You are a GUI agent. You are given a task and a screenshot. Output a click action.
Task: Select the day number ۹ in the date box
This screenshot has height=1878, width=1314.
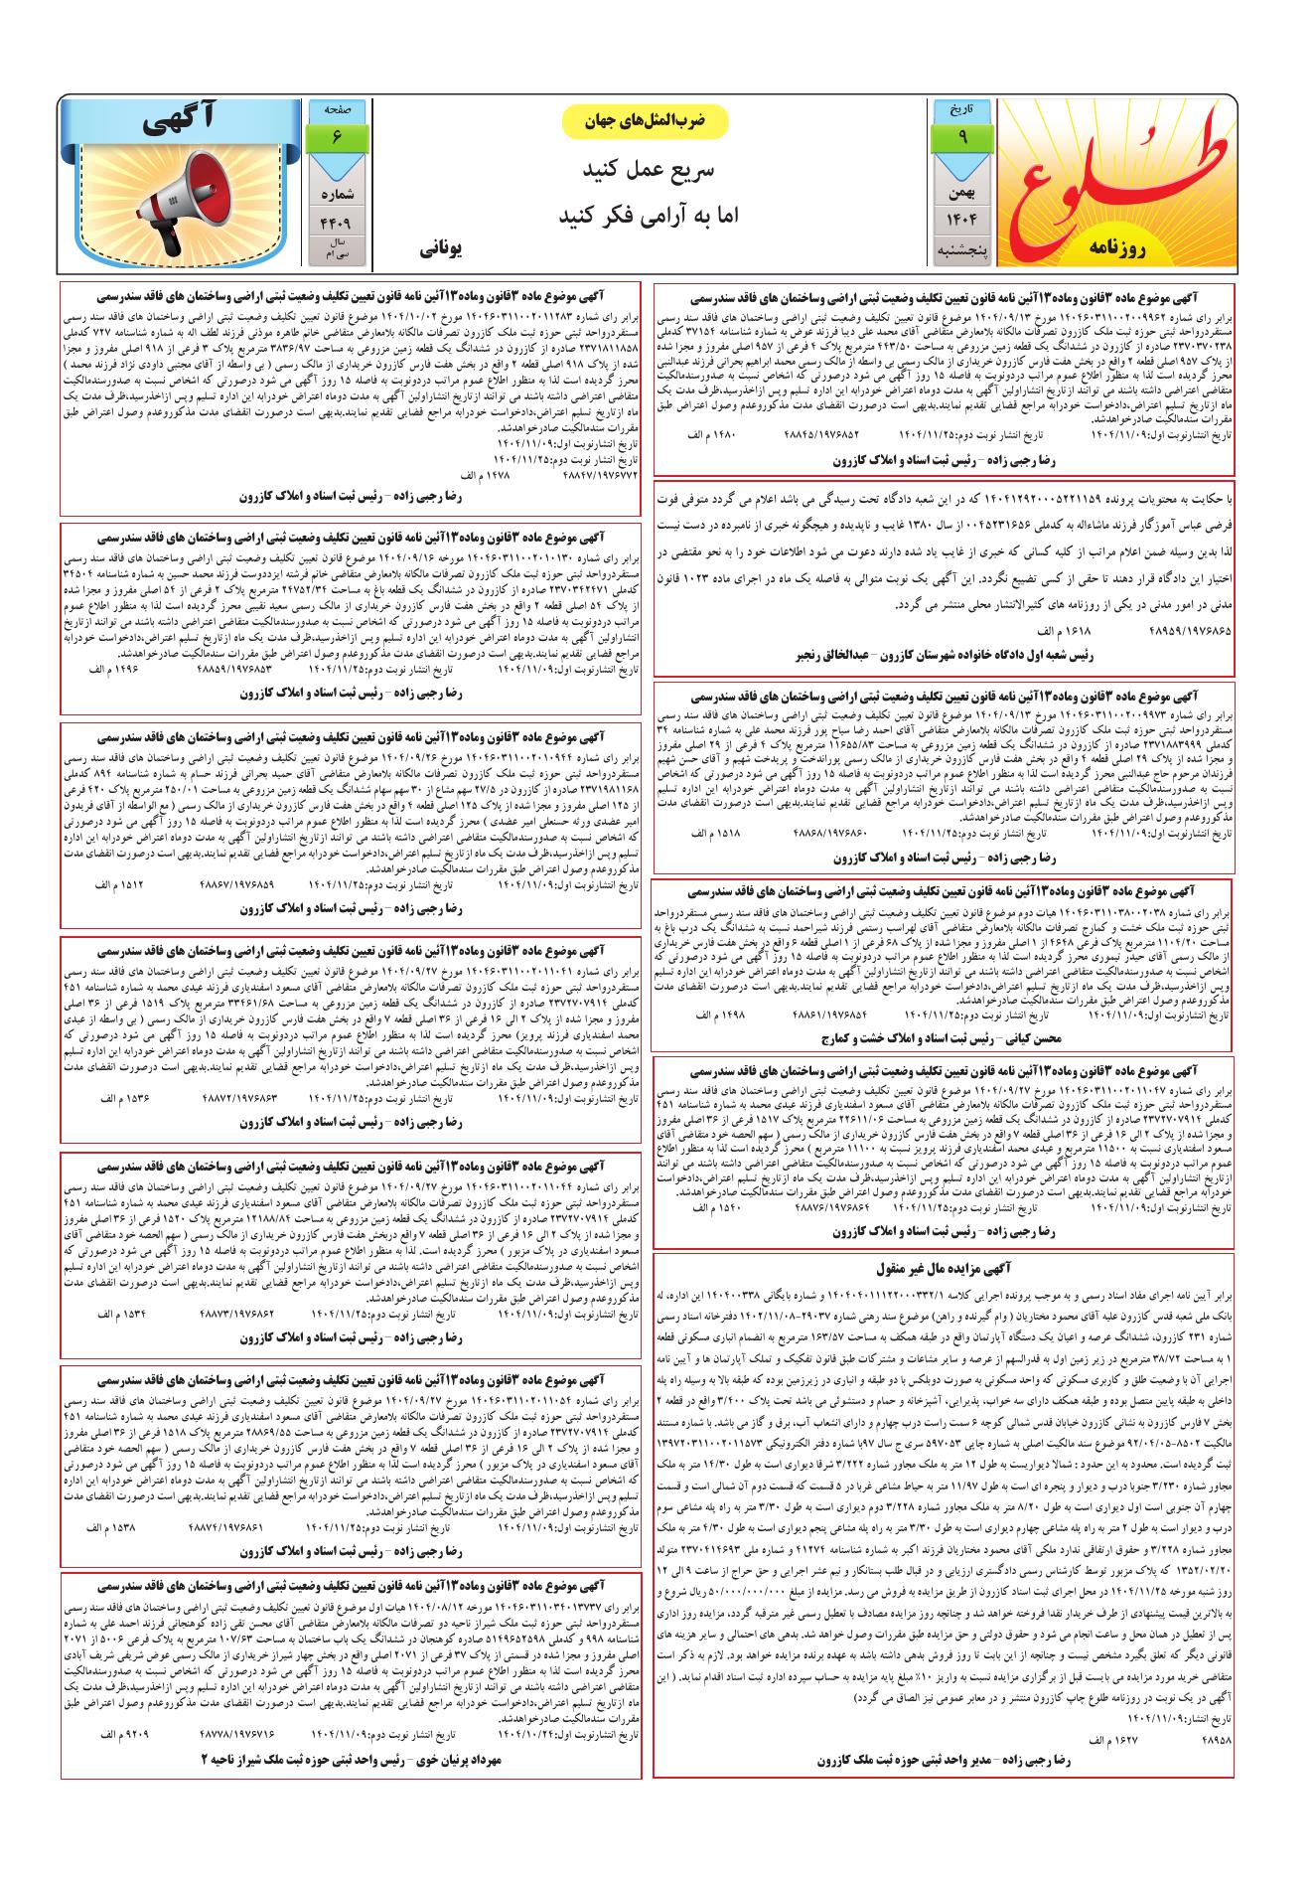coord(961,136)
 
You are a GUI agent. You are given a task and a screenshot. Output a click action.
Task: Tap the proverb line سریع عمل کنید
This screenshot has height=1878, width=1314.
coord(646,171)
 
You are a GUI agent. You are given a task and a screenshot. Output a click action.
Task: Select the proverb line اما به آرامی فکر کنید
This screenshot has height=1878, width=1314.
coord(646,215)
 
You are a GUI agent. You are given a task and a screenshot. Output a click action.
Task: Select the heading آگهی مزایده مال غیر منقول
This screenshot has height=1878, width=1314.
coord(944,1269)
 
